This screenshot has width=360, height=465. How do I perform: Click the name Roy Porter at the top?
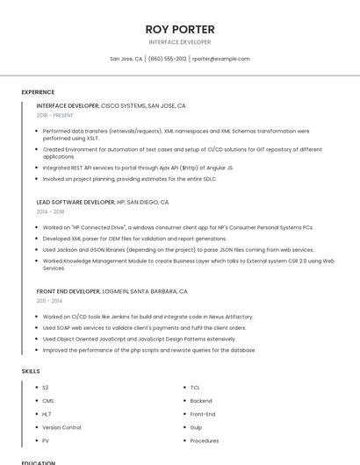click(180, 29)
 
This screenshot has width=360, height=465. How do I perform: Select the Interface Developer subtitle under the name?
click(180, 41)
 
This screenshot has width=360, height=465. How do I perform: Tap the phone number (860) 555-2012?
click(168, 59)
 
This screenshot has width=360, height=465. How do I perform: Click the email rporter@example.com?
click(221, 59)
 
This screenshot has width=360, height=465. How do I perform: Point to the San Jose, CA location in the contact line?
click(126, 59)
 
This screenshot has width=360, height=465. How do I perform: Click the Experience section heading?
click(38, 92)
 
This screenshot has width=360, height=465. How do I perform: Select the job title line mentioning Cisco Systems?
click(111, 105)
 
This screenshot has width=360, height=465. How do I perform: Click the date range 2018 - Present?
click(55, 115)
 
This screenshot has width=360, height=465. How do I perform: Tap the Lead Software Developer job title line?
click(103, 202)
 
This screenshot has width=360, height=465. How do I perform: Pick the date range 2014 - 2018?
click(50, 211)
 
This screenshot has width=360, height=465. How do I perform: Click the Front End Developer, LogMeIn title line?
click(112, 291)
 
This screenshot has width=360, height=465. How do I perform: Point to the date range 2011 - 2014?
click(49, 301)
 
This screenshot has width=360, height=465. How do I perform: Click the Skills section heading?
click(31, 371)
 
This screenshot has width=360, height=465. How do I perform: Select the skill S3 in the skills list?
click(46, 387)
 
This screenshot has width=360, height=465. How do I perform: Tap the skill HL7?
click(47, 414)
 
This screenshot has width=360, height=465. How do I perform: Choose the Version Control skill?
click(61, 427)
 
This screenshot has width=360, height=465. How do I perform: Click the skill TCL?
click(195, 387)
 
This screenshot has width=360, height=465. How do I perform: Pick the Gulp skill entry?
click(197, 427)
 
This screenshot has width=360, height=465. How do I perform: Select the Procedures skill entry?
click(205, 440)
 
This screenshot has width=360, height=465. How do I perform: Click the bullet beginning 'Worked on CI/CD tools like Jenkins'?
click(148, 317)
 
